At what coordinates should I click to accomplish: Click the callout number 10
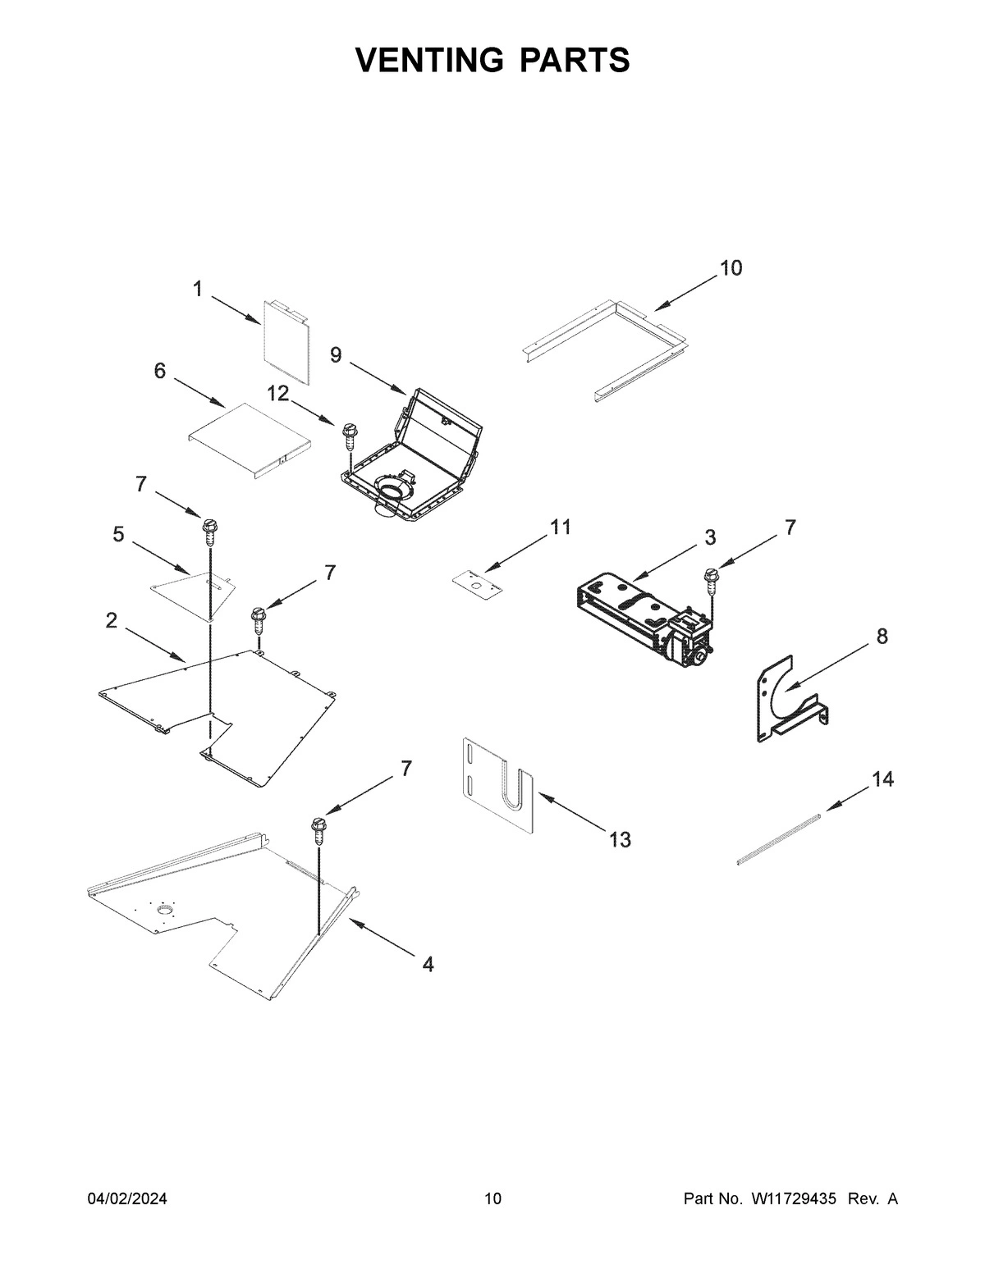pyautogui.click(x=731, y=268)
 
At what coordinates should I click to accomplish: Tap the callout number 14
pyautogui.click(x=882, y=779)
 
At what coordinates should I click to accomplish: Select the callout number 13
pyautogui.click(x=620, y=839)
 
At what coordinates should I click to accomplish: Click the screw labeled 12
pyautogui.click(x=349, y=434)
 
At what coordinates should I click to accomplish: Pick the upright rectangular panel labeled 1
pyautogui.click(x=286, y=342)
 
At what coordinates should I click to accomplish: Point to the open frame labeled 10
pyautogui.click(x=603, y=345)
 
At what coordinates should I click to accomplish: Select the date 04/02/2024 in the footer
pyautogui.click(x=127, y=1199)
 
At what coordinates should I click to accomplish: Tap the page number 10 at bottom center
pyautogui.click(x=492, y=1199)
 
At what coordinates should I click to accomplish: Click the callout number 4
pyautogui.click(x=428, y=965)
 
